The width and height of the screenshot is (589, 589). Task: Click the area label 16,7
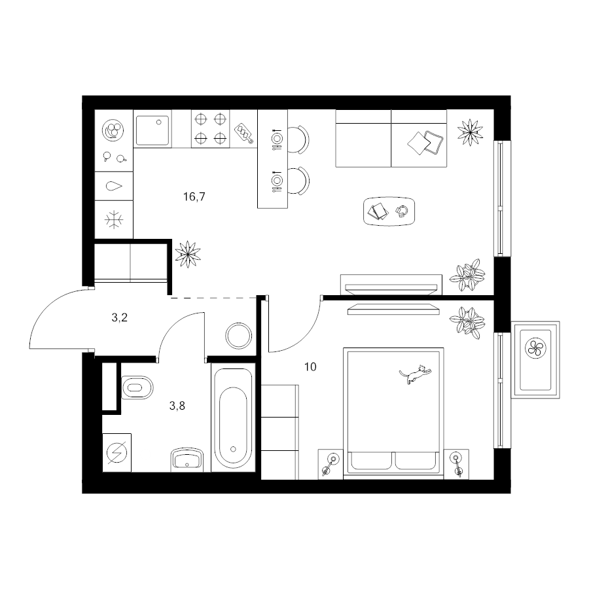point(194,196)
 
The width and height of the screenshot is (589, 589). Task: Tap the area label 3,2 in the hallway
point(120,318)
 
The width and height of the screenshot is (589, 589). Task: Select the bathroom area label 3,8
point(177,406)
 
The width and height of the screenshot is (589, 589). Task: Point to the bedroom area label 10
point(310,366)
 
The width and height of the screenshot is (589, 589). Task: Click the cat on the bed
point(415,374)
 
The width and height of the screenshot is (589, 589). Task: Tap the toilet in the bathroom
point(137,387)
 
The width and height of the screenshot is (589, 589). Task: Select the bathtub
point(233,418)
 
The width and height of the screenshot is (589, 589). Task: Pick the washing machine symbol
point(117,453)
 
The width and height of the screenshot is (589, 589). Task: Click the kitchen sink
point(152,130)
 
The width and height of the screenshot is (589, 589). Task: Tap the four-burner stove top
point(210,129)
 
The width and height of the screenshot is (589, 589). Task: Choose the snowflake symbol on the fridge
point(114,220)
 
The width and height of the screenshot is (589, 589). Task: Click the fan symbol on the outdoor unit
point(535,348)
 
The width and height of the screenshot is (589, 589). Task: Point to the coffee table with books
point(389,211)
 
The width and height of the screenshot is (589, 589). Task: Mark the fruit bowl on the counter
point(113,130)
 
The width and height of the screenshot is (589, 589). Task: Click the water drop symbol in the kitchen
point(114,186)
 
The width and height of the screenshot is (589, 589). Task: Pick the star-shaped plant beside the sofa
point(470,132)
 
